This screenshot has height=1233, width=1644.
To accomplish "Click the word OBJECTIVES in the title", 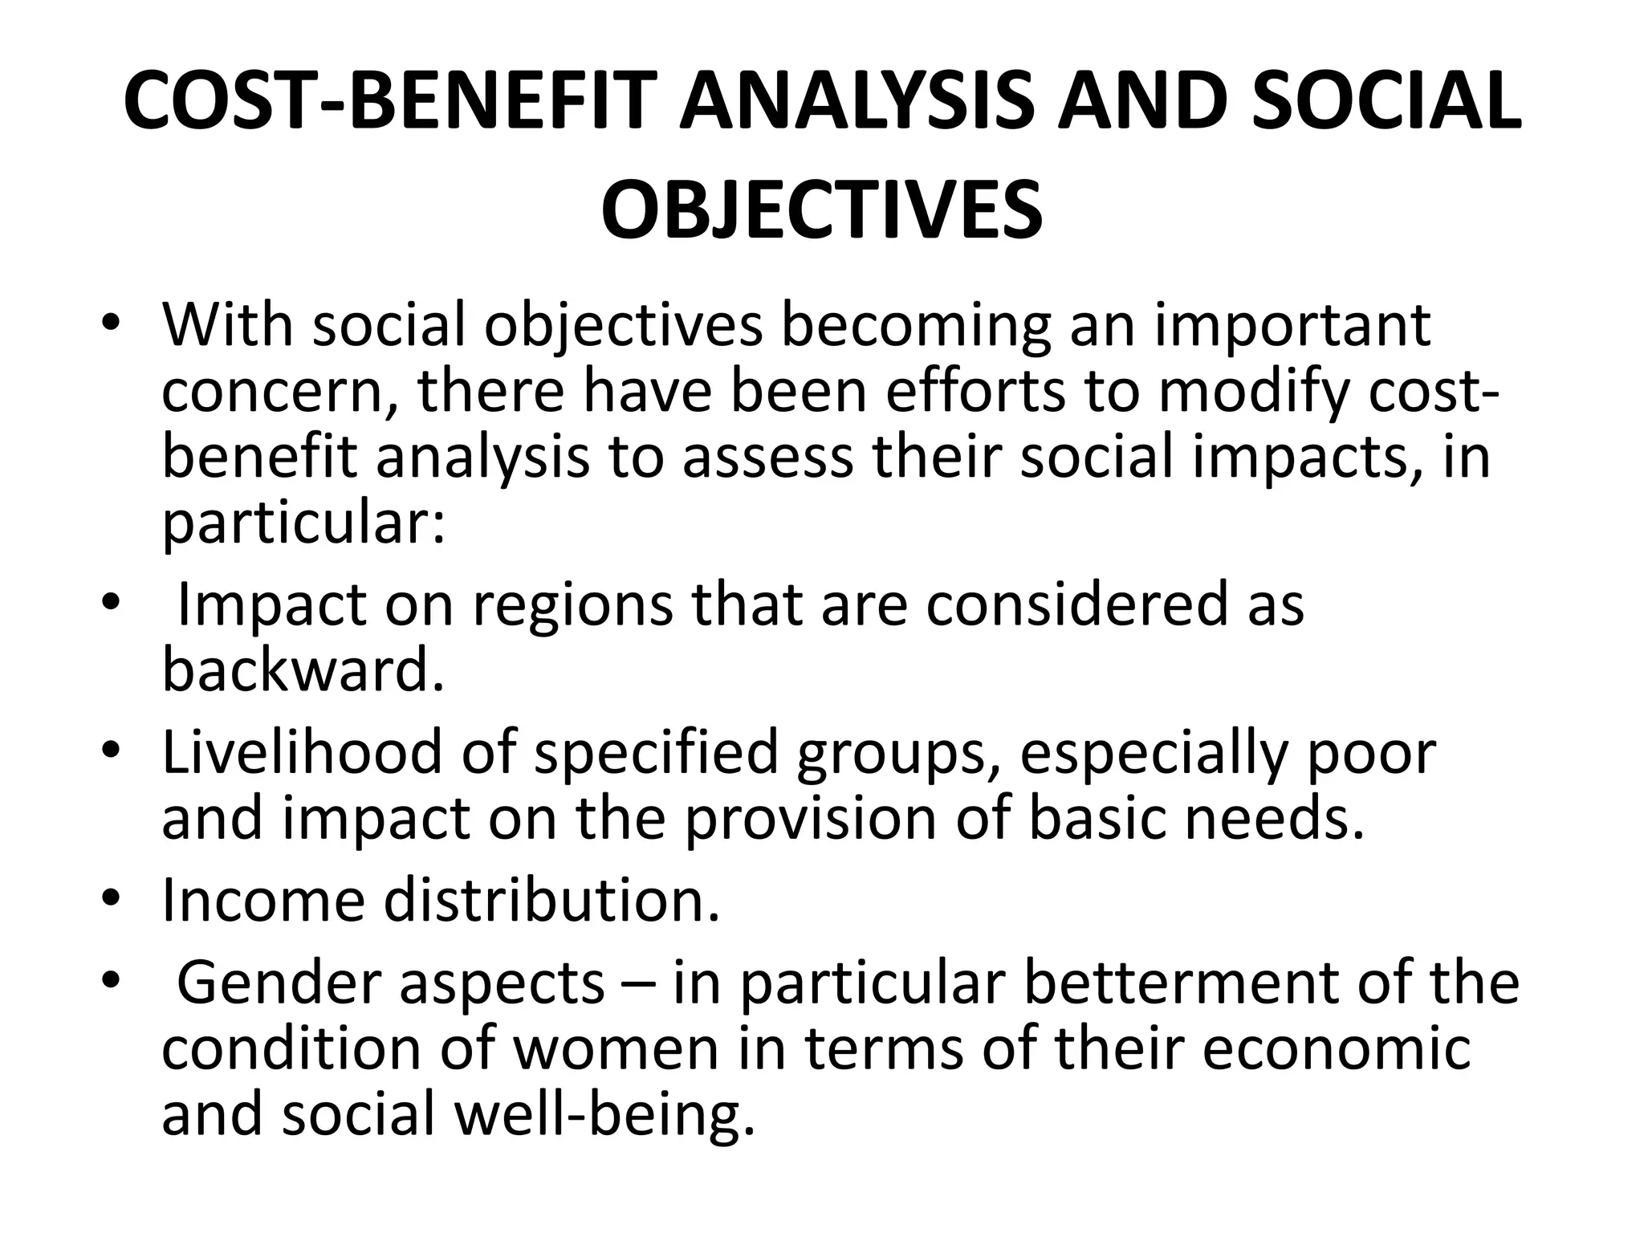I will [x=821, y=210].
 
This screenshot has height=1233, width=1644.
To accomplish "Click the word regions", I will [x=572, y=607].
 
